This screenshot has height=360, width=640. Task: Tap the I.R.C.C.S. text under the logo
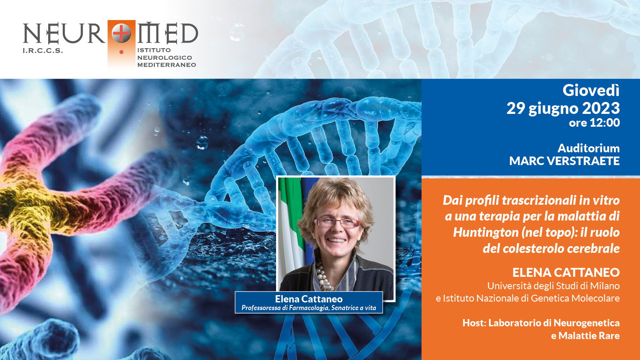pos(43,51)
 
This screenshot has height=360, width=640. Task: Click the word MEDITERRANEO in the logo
pos(166,65)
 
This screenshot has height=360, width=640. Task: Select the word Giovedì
pos(591,90)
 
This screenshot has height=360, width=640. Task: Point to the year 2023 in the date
pos(601,108)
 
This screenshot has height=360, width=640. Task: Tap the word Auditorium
pos(588,148)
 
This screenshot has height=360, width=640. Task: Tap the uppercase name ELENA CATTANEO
pos(566,273)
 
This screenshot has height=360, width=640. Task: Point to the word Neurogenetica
pos(587,323)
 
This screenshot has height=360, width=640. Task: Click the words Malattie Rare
pos(589,336)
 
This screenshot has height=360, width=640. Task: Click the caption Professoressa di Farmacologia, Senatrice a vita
pos(308,308)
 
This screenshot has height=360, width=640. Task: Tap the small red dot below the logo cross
pos(122,52)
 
